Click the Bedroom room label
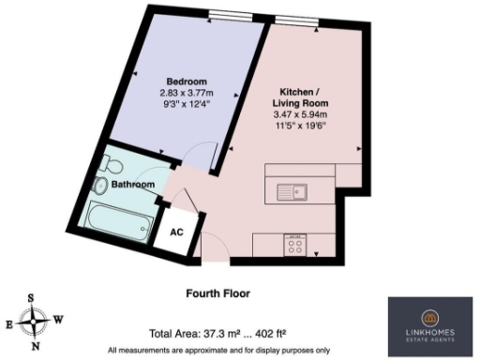point(186,82)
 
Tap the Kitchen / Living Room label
point(297,96)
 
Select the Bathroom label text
point(133,185)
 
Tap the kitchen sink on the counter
point(292,193)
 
